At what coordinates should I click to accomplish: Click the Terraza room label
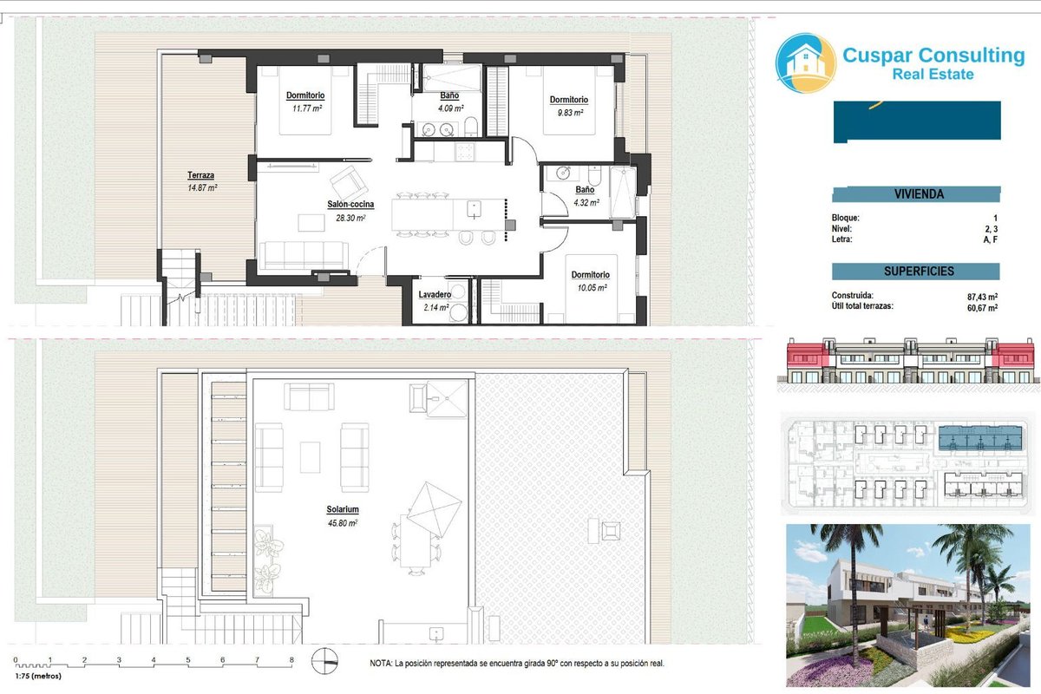pyautogui.click(x=200, y=175)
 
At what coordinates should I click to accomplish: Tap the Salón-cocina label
pyautogui.click(x=350, y=204)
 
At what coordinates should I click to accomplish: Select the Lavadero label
pyautogui.click(x=435, y=294)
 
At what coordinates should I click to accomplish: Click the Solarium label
pyautogui.click(x=343, y=509)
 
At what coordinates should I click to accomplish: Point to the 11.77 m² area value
pyautogui.click(x=307, y=108)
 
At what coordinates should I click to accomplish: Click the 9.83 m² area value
pyautogui.click(x=570, y=113)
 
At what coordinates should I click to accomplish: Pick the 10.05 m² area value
pyautogui.click(x=592, y=288)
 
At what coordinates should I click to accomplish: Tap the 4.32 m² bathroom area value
pyautogui.click(x=586, y=203)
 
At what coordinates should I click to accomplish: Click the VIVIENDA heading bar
pyautogui.click(x=916, y=194)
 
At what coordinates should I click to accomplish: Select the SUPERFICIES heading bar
pyautogui.click(x=915, y=272)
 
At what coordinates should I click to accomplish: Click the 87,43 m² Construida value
pyautogui.click(x=982, y=297)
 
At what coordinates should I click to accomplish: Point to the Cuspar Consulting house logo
pyautogui.click(x=806, y=62)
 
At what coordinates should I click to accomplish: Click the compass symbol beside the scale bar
pyautogui.click(x=324, y=660)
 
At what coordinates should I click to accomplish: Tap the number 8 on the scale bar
pyautogui.click(x=291, y=659)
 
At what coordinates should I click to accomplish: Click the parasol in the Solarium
pyautogui.click(x=434, y=509)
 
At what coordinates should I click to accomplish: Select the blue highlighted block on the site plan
pyautogui.click(x=980, y=438)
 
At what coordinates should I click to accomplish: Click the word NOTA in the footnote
pyautogui.click(x=381, y=664)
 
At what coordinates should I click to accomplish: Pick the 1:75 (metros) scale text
pyautogui.click(x=38, y=676)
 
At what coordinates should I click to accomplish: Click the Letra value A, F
pyautogui.click(x=991, y=239)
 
